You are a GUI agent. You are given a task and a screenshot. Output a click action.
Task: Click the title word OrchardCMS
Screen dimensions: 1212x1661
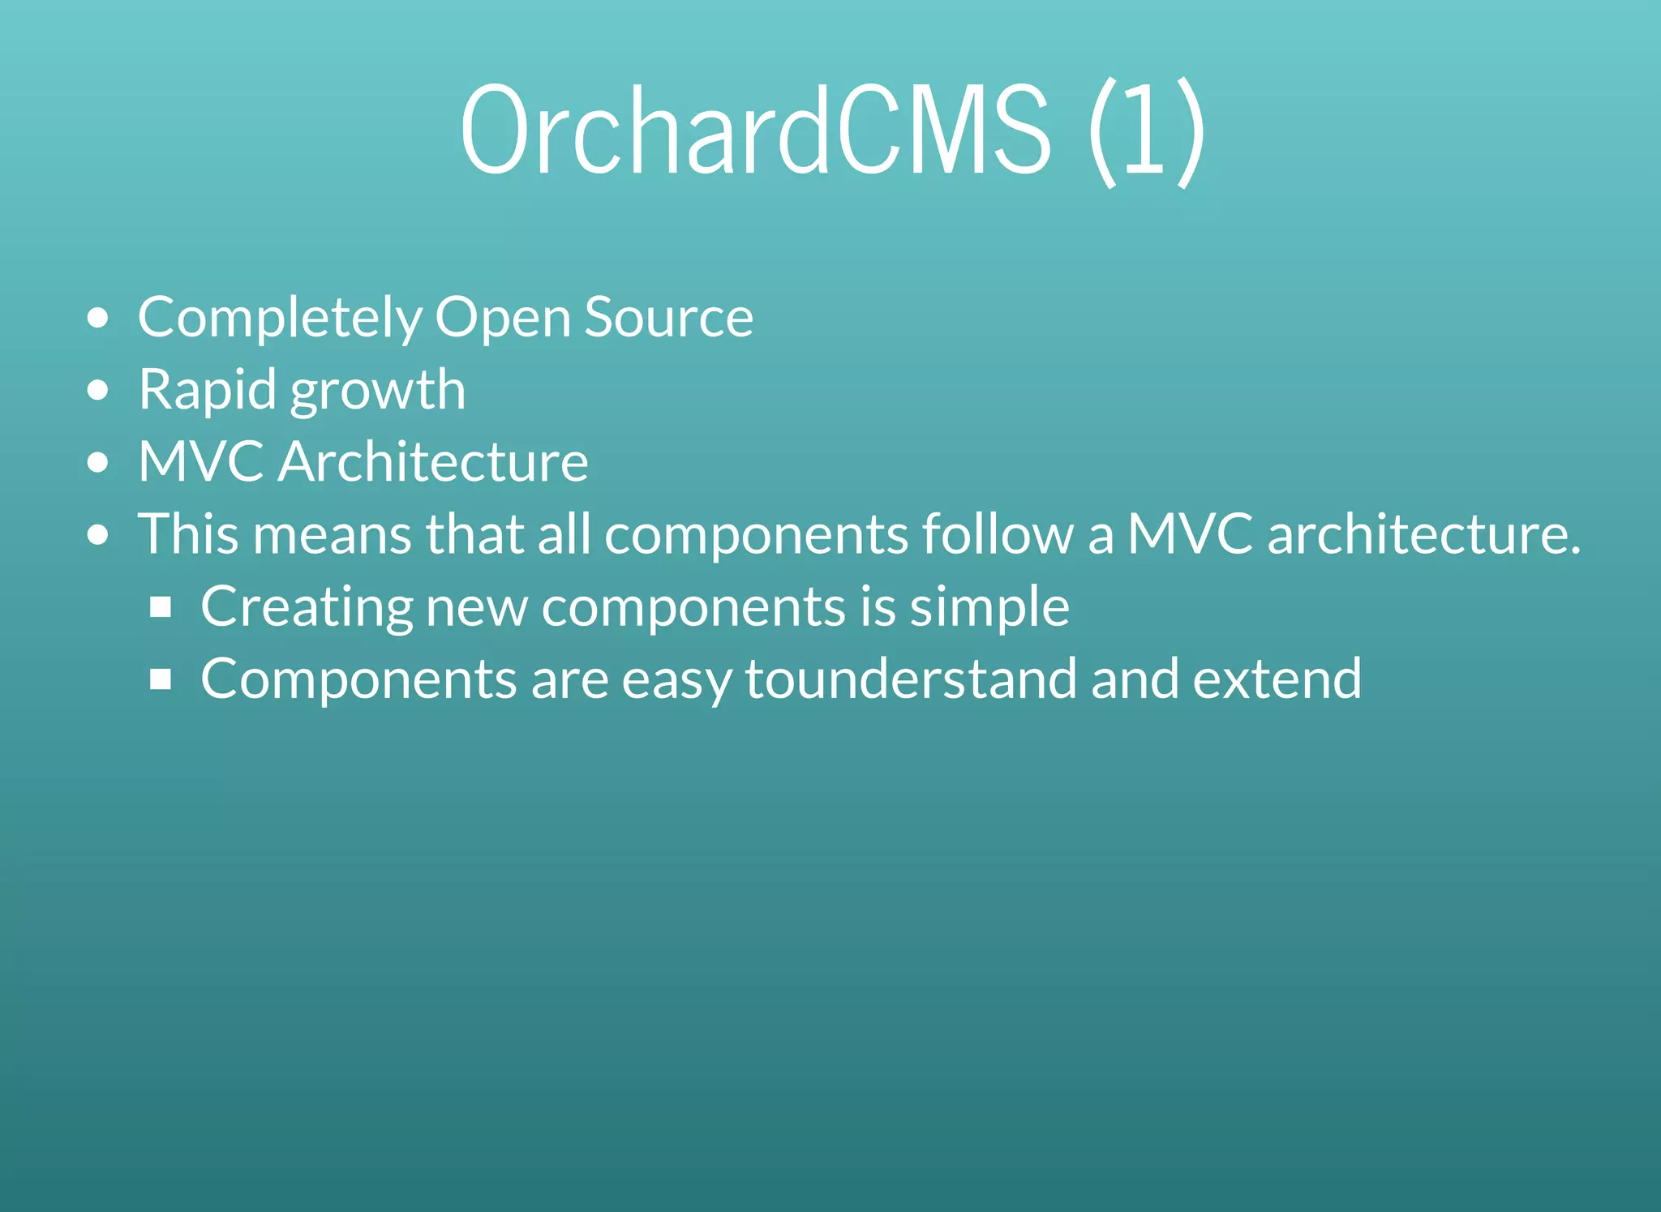[754, 130]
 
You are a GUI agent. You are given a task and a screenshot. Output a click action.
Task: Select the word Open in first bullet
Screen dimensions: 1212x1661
[503, 318]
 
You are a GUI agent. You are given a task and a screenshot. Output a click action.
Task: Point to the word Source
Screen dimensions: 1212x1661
[668, 318]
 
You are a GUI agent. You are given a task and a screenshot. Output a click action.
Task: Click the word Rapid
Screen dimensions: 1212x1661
[208, 390]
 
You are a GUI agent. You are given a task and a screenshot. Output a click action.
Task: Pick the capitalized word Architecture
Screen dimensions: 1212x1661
[433, 462]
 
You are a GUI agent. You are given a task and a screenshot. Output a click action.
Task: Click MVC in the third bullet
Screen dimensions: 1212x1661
[200, 462]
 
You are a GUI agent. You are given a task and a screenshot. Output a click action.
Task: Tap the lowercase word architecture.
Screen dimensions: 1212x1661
[1423, 534]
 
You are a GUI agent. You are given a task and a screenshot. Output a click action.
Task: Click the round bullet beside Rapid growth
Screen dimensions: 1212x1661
[97, 391]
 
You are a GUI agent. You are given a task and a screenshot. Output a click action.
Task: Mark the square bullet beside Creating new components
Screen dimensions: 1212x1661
[161, 607]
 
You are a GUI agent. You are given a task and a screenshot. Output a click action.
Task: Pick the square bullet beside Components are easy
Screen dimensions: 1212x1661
[161, 679]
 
